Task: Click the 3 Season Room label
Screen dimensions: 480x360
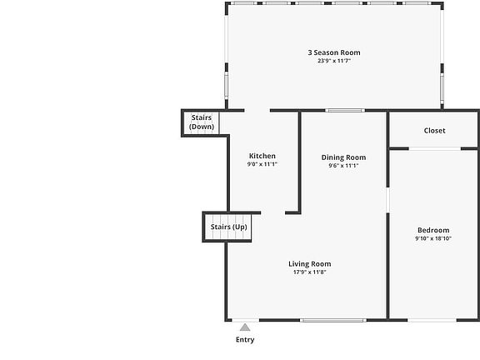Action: pos(334,52)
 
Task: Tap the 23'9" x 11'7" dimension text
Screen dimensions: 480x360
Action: pos(334,61)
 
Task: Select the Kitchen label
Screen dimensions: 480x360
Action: pos(262,156)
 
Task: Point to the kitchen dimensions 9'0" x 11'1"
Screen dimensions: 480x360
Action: pos(262,164)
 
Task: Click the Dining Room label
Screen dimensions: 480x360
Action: pos(343,157)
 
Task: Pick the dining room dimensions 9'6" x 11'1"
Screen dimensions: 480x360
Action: pos(343,166)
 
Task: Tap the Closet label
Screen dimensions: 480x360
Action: pos(434,130)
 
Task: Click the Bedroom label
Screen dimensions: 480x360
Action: pos(433,230)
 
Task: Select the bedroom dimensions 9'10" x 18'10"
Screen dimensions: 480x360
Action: pos(433,238)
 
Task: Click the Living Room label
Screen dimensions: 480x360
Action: pos(309,264)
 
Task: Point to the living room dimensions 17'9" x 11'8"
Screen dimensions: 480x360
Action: pos(309,272)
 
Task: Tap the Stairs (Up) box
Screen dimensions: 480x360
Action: pos(227,227)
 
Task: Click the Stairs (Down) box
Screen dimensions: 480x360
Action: pos(201,122)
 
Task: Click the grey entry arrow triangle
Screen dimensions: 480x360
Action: pos(245,327)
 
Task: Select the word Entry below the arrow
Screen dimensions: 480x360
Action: pos(245,339)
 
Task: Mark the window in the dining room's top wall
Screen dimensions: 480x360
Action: pos(345,111)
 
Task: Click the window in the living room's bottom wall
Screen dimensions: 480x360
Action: pos(333,321)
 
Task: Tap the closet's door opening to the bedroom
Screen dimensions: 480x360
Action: pos(435,149)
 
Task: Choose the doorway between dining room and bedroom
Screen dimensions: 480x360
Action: pos(387,200)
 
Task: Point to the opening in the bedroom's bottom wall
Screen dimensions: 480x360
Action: pos(432,321)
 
